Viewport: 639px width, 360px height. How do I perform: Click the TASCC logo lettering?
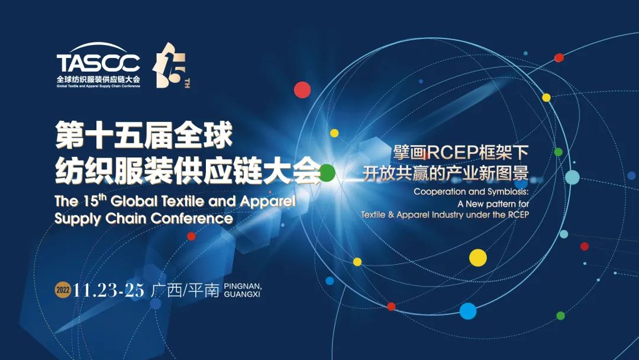point(98,63)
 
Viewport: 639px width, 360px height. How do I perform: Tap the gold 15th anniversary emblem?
point(171,65)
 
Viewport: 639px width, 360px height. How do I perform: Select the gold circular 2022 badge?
point(63,290)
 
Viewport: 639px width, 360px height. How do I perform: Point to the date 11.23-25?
point(108,290)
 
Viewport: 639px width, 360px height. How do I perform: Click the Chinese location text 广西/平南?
point(185,290)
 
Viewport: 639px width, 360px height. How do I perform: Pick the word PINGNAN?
point(243,286)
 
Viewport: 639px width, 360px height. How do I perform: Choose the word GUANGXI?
point(242,294)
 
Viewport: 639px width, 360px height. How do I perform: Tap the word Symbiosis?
point(508,192)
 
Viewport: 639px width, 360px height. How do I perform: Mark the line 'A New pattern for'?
point(493,204)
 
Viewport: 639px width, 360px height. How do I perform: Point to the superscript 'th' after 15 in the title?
point(102,197)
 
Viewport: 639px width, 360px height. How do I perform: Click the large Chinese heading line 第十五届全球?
point(144,135)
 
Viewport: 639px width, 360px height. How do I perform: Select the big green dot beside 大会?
point(327,173)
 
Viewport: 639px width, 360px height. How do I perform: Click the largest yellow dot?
point(478,258)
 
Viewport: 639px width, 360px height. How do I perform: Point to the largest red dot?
point(302,89)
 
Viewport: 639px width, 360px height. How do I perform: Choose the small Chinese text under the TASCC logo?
point(98,79)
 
